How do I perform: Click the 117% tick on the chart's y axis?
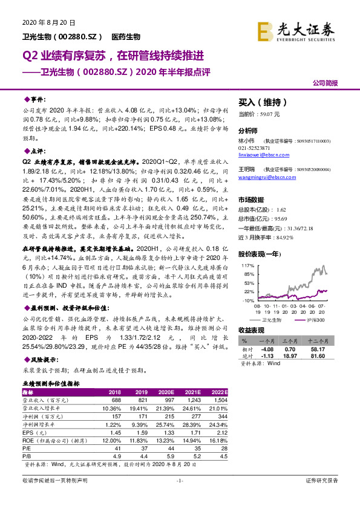pos(247,248)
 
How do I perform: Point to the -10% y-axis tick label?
pos(247,300)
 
